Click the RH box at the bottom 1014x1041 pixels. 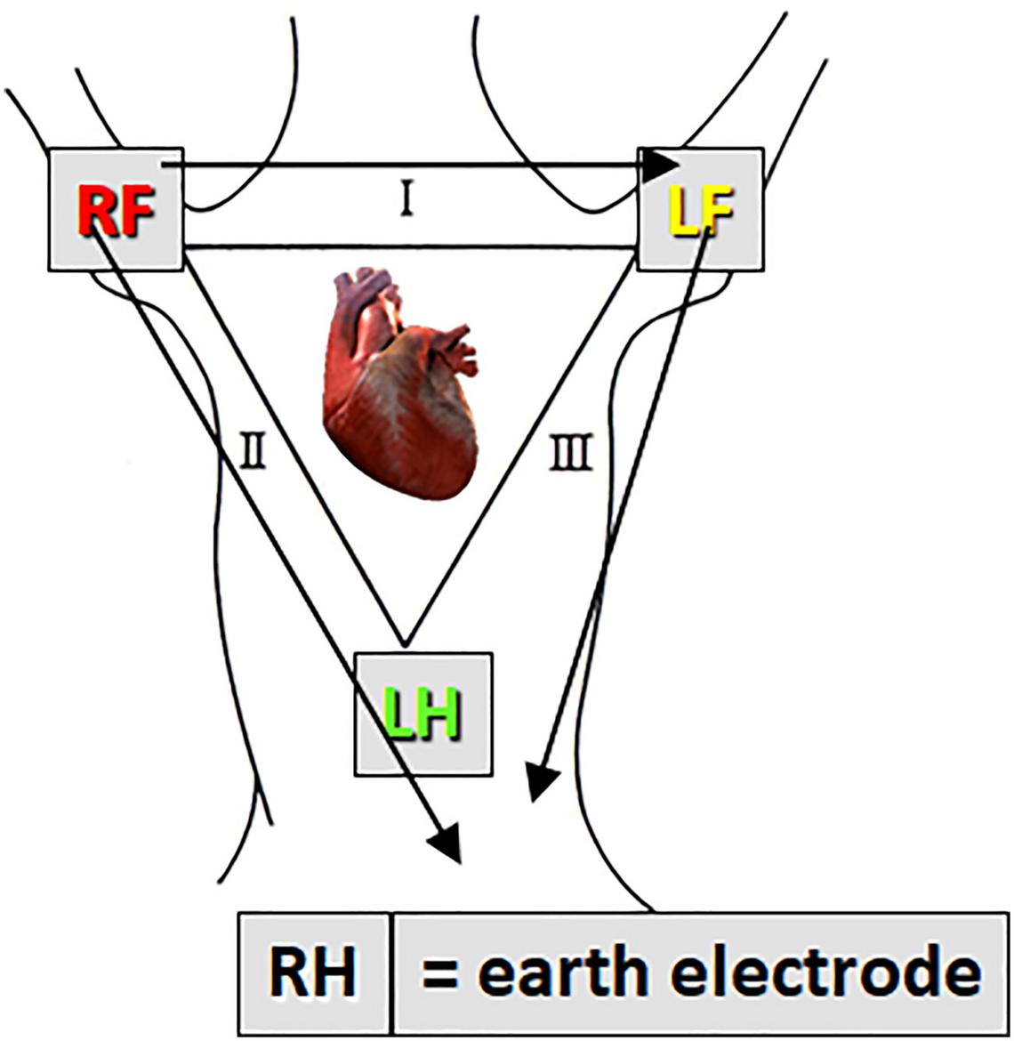[x=313, y=974]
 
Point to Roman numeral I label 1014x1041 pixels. [x=405, y=202]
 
